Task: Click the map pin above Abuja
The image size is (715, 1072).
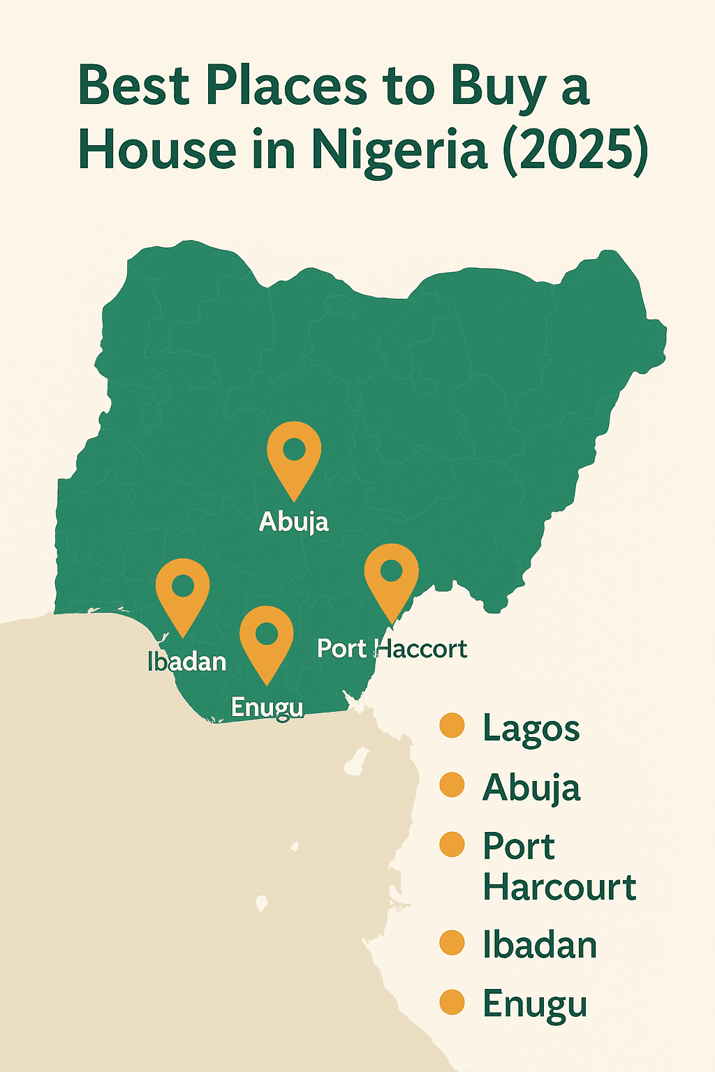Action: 294,454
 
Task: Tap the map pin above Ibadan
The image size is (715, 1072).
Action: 182,590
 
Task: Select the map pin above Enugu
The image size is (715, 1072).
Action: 266,638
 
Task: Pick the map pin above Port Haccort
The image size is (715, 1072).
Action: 392,576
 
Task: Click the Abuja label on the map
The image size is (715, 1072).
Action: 294,521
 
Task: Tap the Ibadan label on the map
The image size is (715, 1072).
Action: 187,661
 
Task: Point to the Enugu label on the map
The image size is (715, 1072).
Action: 267,707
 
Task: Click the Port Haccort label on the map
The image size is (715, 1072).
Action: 392,648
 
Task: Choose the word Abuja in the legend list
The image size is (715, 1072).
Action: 531,788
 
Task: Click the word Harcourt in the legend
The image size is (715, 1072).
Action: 559,887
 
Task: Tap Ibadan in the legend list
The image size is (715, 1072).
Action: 540,945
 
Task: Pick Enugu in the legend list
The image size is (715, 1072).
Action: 535,1005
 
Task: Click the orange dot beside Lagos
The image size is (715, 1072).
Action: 452,726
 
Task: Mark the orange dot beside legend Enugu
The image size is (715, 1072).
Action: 452,1002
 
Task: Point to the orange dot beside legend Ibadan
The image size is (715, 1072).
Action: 452,943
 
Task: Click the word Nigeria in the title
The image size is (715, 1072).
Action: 399,149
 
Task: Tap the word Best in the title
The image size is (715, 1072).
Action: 134,87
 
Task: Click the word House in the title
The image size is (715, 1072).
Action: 157,149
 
